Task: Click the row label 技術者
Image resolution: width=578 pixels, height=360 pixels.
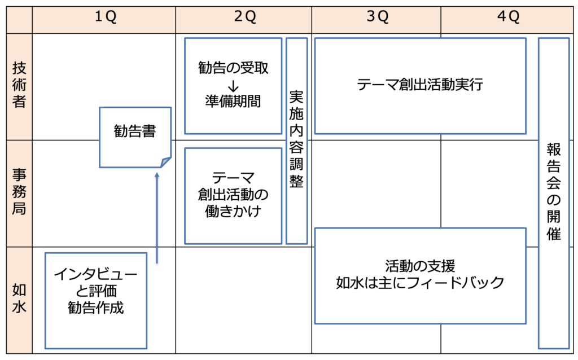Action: coord(19,85)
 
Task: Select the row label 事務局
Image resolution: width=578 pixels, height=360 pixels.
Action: coord(19,192)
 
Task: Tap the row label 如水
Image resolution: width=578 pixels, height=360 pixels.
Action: coord(19,298)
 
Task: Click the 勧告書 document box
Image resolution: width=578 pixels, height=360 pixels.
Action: coord(135,137)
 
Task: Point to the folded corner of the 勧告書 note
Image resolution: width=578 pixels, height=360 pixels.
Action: coord(165,162)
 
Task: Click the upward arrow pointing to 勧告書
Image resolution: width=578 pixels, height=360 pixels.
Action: coord(157,218)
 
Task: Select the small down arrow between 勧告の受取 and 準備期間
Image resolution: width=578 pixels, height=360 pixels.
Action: coord(233,86)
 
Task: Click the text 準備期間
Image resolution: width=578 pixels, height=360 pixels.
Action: coord(233,102)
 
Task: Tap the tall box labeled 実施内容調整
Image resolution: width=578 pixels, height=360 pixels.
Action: coord(297,141)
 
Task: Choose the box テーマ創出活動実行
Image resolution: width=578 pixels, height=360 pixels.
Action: coord(420,86)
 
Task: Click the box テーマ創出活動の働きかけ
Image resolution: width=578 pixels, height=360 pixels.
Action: coord(233,196)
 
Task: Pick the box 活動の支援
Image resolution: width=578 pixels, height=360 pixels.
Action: coord(420,276)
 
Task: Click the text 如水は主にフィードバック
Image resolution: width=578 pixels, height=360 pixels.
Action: coord(420,283)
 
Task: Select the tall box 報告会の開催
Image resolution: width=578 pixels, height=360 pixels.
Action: coord(554,193)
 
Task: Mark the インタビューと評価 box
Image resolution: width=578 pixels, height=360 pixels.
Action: coord(96,301)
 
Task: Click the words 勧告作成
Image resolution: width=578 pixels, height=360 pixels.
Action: coord(96,308)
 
